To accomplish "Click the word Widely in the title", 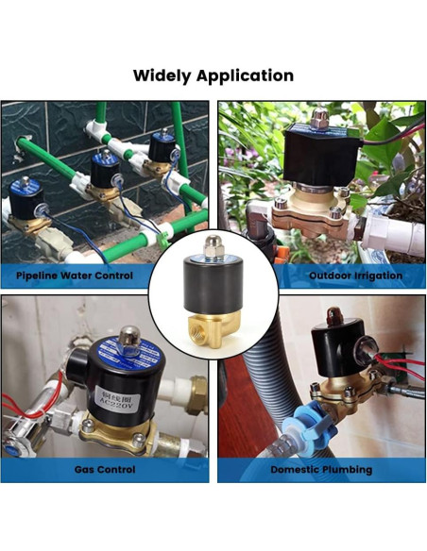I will coord(162,75).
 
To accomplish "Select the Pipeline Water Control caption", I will coord(74,276).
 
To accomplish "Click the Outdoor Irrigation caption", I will coord(355,276).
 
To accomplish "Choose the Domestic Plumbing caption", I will coord(321,469).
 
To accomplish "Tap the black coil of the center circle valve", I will coord(213,288).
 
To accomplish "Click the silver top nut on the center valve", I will coord(213,248).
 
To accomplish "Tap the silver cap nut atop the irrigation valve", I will coord(318,119).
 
